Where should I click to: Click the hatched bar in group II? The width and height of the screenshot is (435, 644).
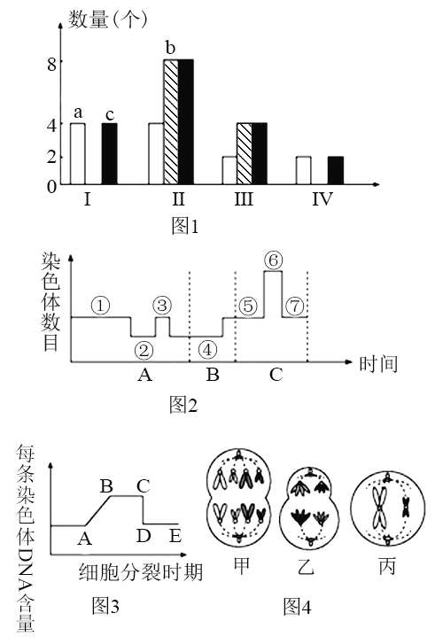pyautogui.click(x=171, y=122)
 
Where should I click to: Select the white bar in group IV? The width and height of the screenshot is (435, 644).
pyautogui.click(x=304, y=170)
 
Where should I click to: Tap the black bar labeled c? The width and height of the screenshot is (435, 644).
pyautogui.click(x=110, y=153)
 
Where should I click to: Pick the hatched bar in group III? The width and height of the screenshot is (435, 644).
pyautogui.click(x=245, y=153)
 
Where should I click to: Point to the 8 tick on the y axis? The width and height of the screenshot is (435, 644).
pyautogui.click(x=51, y=64)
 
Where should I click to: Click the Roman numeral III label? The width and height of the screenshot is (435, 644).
pyautogui.click(x=244, y=199)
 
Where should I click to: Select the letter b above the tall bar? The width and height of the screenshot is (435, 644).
pyautogui.click(x=170, y=48)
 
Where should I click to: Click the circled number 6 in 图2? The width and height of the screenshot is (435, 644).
pyautogui.click(x=274, y=260)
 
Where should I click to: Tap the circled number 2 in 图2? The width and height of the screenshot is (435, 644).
pyautogui.click(x=144, y=350)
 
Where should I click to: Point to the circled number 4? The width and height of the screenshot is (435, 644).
pyautogui.click(x=207, y=350)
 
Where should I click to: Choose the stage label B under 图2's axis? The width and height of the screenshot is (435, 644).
pyautogui.click(x=213, y=375)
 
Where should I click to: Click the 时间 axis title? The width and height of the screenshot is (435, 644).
pyautogui.click(x=378, y=364)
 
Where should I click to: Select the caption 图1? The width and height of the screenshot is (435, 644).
pyautogui.click(x=185, y=226)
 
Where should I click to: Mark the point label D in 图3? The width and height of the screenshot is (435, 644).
pyautogui.click(x=144, y=536)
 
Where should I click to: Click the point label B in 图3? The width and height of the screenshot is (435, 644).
pyautogui.click(x=106, y=486)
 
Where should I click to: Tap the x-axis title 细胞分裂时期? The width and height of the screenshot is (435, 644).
pyautogui.click(x=141, y=571)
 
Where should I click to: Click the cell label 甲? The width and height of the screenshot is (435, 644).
pyautogui.click(x=241, y=565)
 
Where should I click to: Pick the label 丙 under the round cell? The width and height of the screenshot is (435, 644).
pyautogui.click(x=387, y=566)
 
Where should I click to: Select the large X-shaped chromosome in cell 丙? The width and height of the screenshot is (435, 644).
pyautogui.click(x=379, y=508)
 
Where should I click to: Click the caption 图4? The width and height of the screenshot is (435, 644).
pyautogui.click(x=297, y=606)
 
